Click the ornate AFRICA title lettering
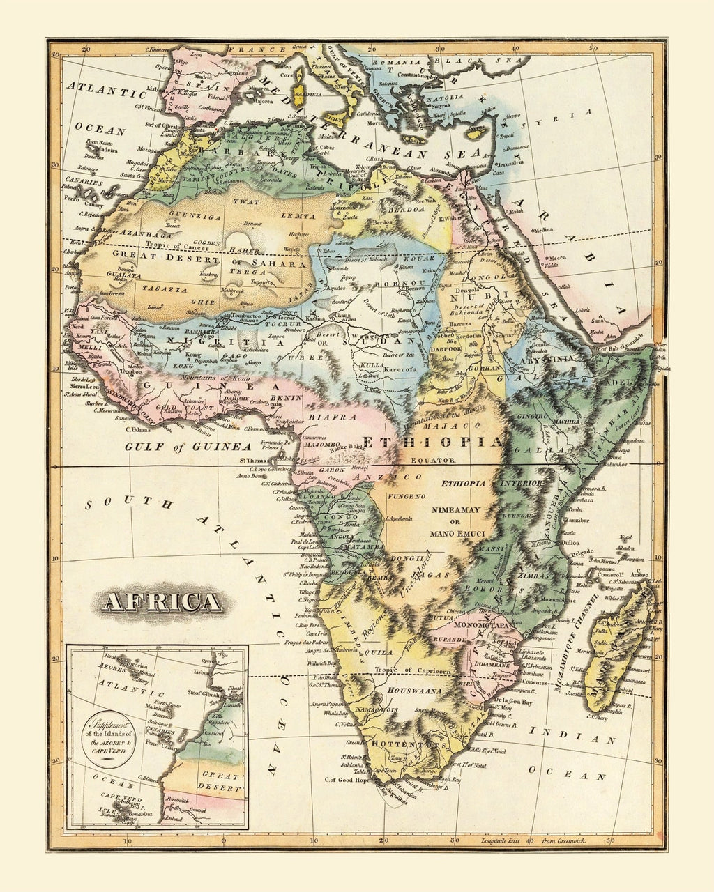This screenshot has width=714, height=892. click(161, 601)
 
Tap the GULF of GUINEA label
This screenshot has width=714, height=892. click(188, 447)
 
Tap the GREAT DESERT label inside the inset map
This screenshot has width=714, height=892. click(220, 780)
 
